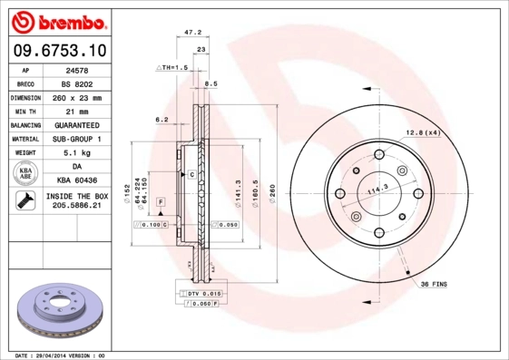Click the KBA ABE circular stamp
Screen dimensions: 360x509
[25, 174]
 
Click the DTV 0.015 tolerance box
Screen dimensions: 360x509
[200, 295]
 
